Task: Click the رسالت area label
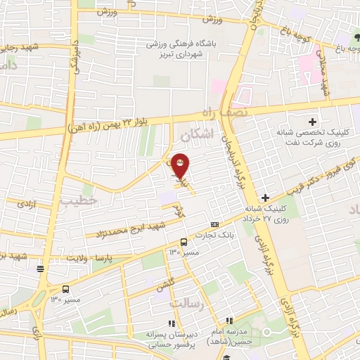click(186, 303)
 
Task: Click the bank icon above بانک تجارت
click(214, 223)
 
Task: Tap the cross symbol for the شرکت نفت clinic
click(313, 122)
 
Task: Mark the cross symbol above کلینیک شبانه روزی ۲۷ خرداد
click(265, 197)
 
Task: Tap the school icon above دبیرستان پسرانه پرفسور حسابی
click(172, 323)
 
